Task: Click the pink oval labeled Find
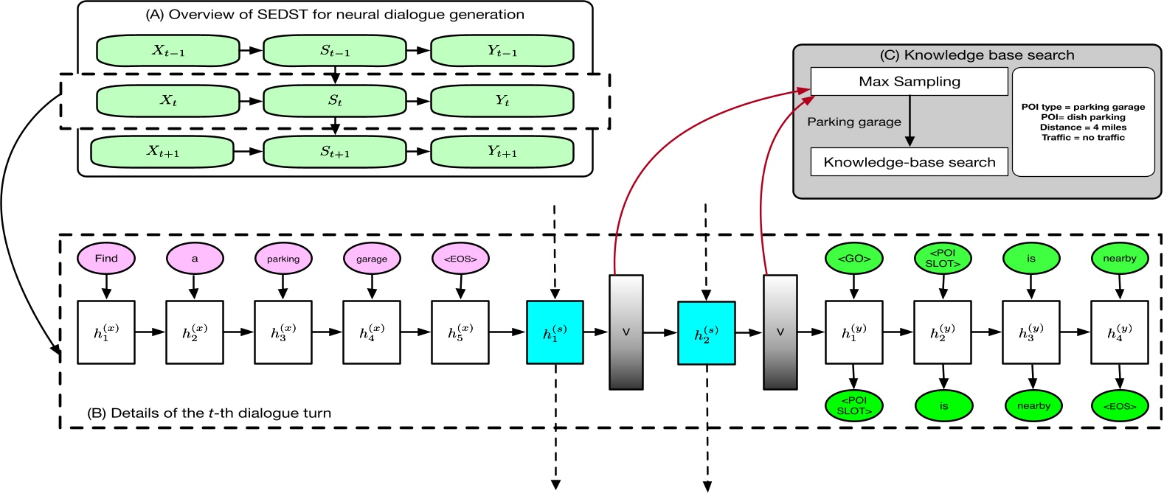[x=106, y=259]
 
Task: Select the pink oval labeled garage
[x=372, y=259]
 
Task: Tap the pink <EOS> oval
[x=460, y=259]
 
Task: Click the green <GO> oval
[x=854, y=259]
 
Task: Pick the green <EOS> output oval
[x=1120, y=406]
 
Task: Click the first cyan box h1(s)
[x=555, y=332]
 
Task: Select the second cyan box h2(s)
[x=706, y=333]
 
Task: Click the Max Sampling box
[x=909, y=82]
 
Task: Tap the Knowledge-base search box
[x=909, y=162]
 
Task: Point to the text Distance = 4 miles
[x=1083, y=127]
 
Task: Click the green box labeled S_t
[x=335, y=101]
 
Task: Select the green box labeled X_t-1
[x=168, y=51]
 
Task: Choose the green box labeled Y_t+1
[x=502, y=152]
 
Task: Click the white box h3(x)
[x=283, y=332]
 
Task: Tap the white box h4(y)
[x=1119, y=332]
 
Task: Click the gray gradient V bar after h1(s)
[x=626, y=332]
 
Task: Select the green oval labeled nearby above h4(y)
[x=1120, y=259]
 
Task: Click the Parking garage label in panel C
[x=854, y=122]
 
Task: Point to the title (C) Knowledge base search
[x=977, y=55]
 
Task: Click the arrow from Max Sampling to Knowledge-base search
[x=910, y=121]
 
